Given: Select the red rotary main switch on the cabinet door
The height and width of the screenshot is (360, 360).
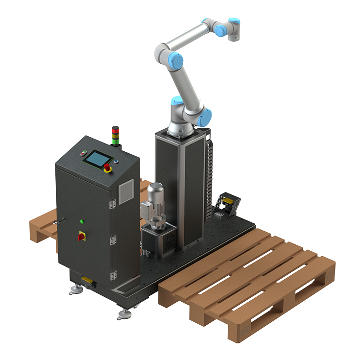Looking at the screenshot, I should tap(81, 237).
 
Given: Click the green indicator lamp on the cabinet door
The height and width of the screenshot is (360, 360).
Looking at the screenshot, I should tap(82, 221).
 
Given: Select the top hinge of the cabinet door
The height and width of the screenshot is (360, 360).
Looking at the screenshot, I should tap(112, 203).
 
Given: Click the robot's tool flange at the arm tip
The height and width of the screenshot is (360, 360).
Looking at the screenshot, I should tap(235, 35).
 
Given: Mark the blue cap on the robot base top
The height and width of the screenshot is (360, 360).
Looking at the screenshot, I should tap(176, 101).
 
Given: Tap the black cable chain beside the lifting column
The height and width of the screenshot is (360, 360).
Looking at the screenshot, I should tap(211, 171).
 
